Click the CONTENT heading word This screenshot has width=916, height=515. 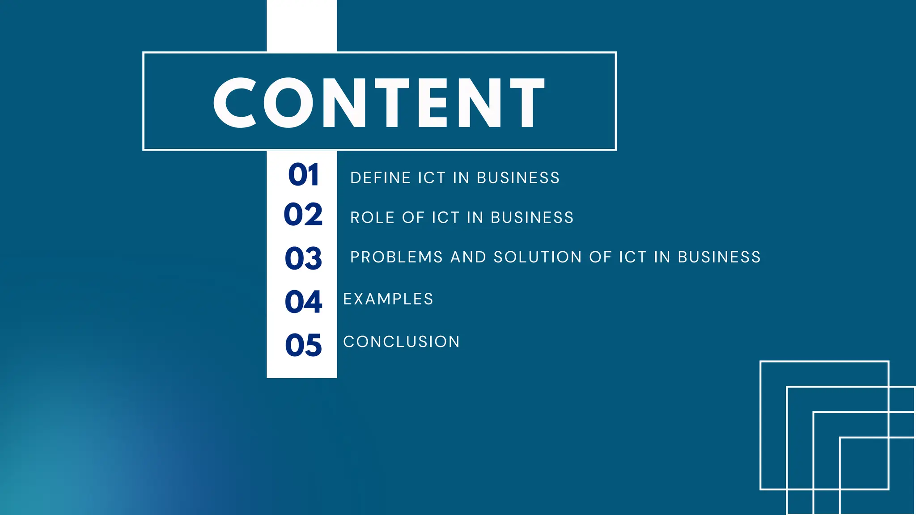(x=379, y=102)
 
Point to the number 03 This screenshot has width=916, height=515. (x=303, y=258)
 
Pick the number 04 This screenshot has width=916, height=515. (x=303, y=301)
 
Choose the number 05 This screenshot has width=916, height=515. (x=303, y=345)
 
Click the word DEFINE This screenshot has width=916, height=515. (x=381, y=178)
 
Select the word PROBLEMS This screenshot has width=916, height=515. (x=396, y=257)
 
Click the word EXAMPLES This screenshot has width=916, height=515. (x=388, y=299)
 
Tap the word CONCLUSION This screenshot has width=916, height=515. (x=401, y=342)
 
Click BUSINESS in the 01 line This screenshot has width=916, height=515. (x=518, y=178)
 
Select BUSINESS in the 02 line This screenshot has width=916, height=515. (x=532, y=218)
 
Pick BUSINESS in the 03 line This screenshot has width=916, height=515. (x=719, y=257)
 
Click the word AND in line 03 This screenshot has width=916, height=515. (x=468, y=257)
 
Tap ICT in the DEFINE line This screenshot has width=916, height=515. (x=432, y=178)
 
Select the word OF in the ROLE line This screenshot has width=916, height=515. (x=413, y=218)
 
